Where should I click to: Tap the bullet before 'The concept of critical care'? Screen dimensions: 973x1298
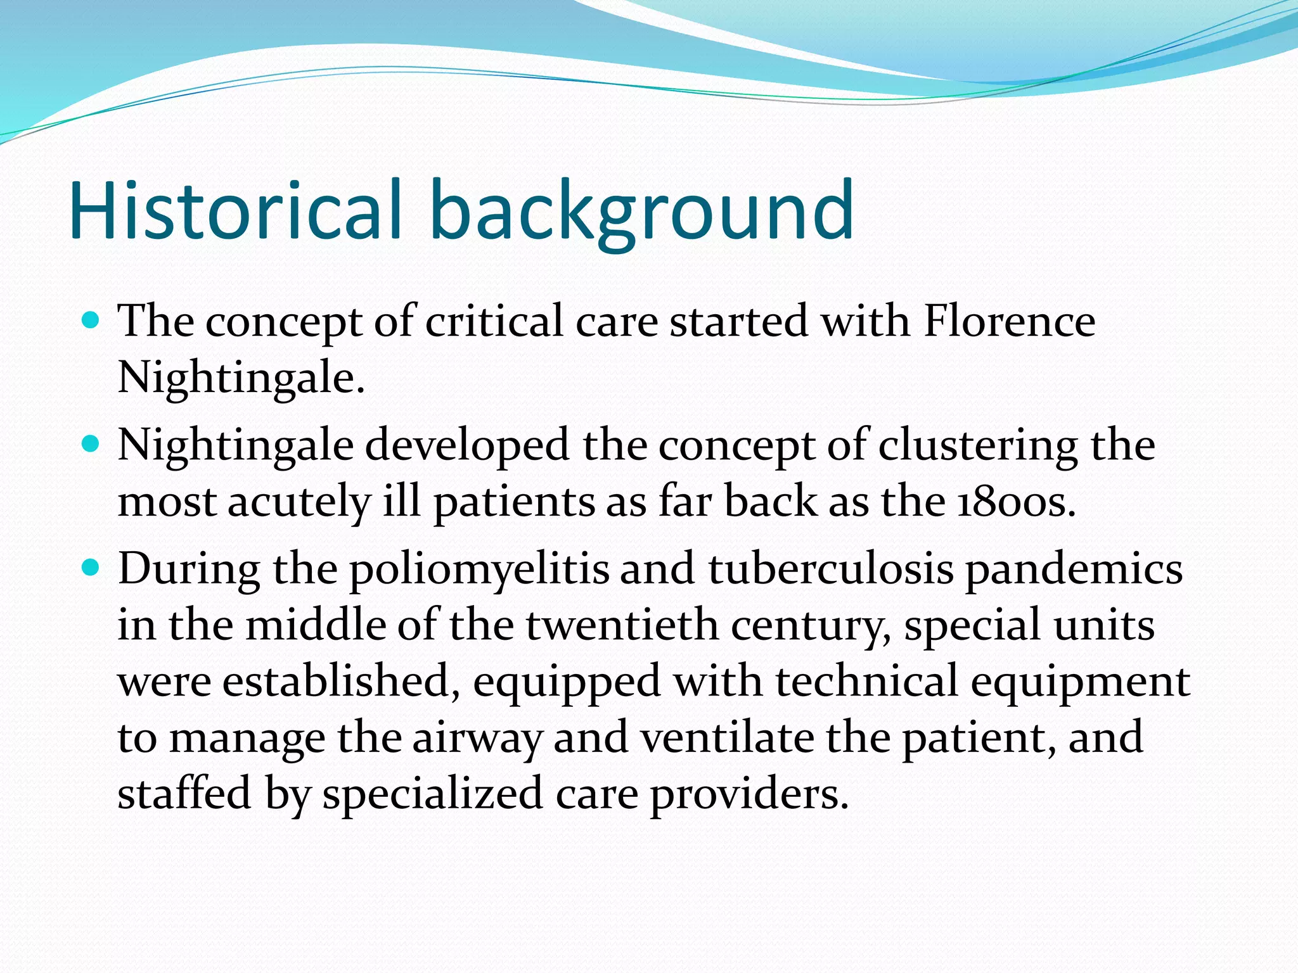[x=91, y=321]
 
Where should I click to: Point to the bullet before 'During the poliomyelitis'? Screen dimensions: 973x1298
[x=91, y=568]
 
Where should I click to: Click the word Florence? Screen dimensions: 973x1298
[x=1009, y=321]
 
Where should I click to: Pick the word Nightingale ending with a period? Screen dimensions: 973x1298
[x=241, y=378]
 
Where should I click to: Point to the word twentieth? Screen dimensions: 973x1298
[x=622, y=625]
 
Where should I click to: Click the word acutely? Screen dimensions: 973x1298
[x=298, y=502]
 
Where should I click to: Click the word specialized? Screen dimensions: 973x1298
[x=432, y=794]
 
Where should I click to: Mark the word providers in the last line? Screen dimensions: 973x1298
[x=749, y=794]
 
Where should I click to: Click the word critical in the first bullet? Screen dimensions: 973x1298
[x=494, y=321]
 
